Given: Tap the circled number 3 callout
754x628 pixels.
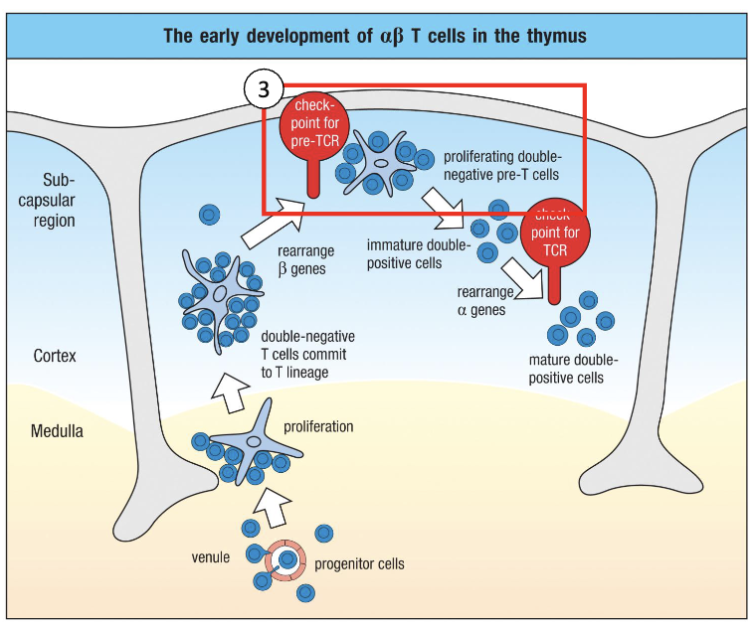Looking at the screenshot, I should tap(264, 88).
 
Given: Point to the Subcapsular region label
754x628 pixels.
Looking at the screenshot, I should tap(59, 200).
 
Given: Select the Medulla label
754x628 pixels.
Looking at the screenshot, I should tap(57, 431).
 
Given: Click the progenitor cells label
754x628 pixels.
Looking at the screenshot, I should tap(359, 564).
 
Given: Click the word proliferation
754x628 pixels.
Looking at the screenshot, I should tap(318, 426).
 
